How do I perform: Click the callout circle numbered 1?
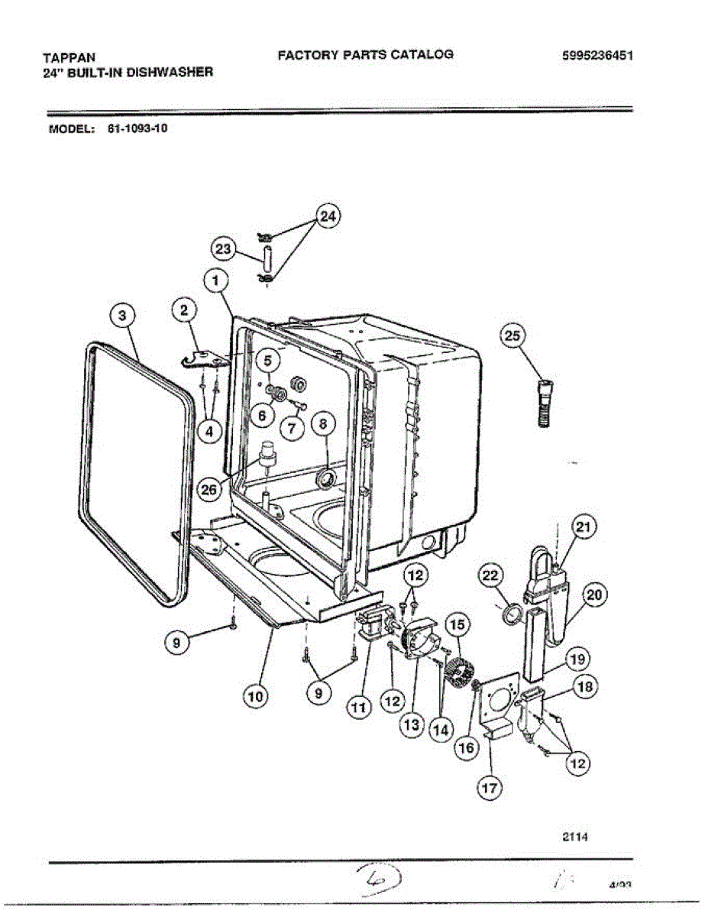point(218,281)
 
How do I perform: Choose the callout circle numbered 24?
point(327,216)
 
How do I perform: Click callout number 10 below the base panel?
point(257,696)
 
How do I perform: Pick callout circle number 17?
point(490,786)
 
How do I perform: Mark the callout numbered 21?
point(584,527)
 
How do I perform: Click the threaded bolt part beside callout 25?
point(545,404)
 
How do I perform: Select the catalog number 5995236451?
point(597,56)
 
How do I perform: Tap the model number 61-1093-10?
point(132,128)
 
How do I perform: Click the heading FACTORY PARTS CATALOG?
point(365,54)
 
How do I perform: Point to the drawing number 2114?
point(574,835)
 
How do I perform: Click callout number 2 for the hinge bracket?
point(183,309)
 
